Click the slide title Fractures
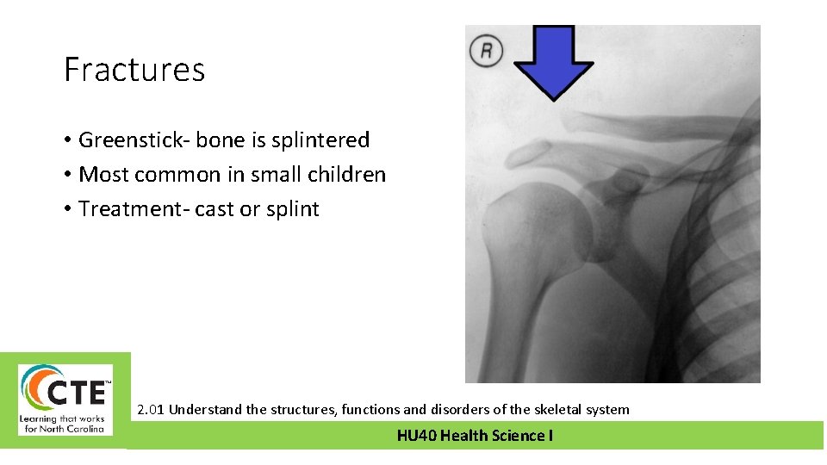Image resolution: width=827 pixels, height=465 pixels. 134,70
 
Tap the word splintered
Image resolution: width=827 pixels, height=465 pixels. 321,140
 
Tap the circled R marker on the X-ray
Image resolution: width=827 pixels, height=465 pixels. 486,51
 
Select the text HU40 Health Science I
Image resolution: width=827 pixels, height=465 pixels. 475,436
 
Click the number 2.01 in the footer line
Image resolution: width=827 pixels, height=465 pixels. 152,410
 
